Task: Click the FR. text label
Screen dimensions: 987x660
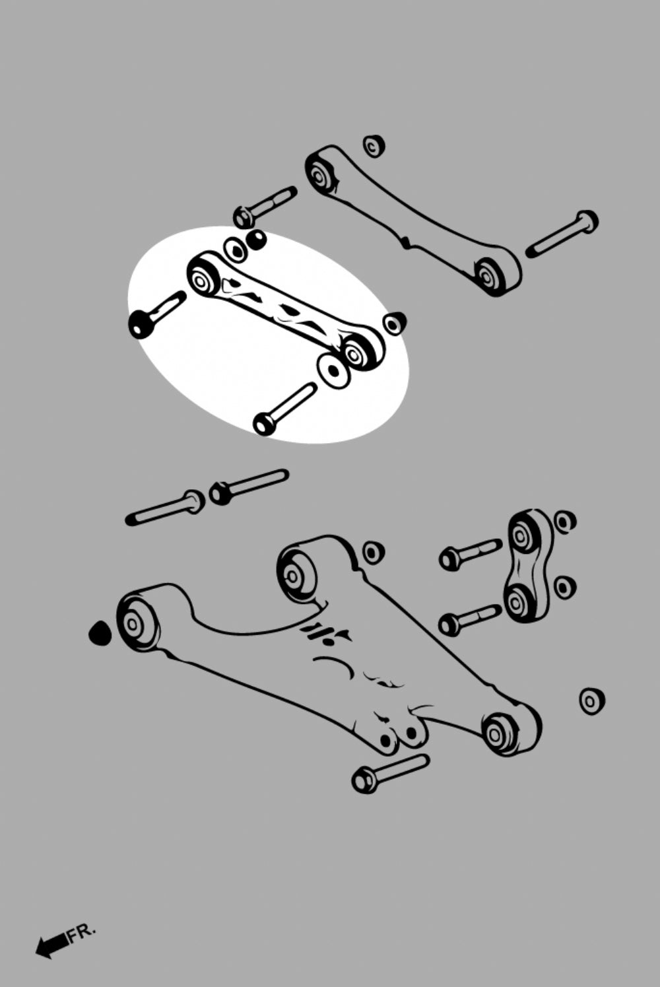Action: coord(82,933)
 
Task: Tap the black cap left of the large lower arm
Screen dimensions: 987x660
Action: coord(100,634)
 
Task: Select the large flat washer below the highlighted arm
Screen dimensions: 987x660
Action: coord(333,370)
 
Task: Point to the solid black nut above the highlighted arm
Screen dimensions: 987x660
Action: coord(257,240)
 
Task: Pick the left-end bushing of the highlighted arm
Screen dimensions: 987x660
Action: coord(203,277)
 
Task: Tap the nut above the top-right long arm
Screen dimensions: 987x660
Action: coord(374,145)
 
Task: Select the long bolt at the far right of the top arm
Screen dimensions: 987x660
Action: coord(563,234)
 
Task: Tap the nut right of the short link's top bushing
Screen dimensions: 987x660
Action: coord(564,522)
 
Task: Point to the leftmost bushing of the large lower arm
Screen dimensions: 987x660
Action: coord(136,622)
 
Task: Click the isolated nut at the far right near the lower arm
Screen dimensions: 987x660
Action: coord(591,700)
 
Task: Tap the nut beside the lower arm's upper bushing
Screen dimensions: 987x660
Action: coord(374,552)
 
